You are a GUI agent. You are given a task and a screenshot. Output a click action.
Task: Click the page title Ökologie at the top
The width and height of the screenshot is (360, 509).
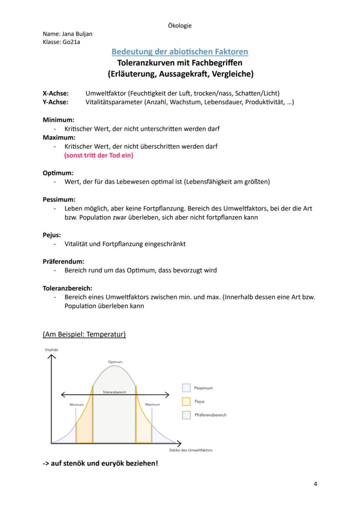(x=180, y=25)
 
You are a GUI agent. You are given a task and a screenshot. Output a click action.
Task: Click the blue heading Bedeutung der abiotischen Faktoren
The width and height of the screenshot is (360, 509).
(x=180, y=52)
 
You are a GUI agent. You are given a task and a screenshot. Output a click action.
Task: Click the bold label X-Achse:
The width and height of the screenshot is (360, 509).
(x=55, y=93)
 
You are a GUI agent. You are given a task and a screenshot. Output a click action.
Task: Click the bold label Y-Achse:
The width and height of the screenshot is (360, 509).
(x=55, y=102)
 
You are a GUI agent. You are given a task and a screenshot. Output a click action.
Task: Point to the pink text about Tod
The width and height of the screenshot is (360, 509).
(x=99, y=155)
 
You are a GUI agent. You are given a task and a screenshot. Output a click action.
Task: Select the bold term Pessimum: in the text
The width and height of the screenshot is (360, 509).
(x=59, y=200)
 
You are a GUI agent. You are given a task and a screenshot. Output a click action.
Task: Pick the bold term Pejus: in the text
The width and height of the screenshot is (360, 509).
(x=52, y=235)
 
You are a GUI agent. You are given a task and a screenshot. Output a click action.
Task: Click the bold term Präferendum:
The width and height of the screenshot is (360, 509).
(x=63, y=261)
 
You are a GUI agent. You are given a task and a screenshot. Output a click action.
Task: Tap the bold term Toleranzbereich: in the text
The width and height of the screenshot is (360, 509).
(x=67, y=288)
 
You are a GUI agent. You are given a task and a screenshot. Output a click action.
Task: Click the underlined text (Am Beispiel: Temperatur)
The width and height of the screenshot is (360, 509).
(x=84, y=334)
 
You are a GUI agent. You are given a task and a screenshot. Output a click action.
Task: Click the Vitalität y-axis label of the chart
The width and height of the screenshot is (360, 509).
(x=51, y=349)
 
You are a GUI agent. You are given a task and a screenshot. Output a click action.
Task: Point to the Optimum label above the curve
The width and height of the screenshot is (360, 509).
(x=115, y=362)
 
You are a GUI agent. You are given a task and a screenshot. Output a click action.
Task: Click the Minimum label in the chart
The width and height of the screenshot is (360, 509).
(x=77, y=404)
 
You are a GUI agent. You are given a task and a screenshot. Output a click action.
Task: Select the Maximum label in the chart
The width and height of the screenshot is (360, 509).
(x=153, y=404)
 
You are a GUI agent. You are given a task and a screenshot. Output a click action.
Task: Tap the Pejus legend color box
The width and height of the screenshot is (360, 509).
(x=187, y=401)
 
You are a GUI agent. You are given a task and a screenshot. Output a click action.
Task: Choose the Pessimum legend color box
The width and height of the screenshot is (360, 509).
(x=187, y=388)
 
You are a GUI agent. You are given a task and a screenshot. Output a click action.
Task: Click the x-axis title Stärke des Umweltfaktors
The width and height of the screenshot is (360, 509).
(x=190, y=449)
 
